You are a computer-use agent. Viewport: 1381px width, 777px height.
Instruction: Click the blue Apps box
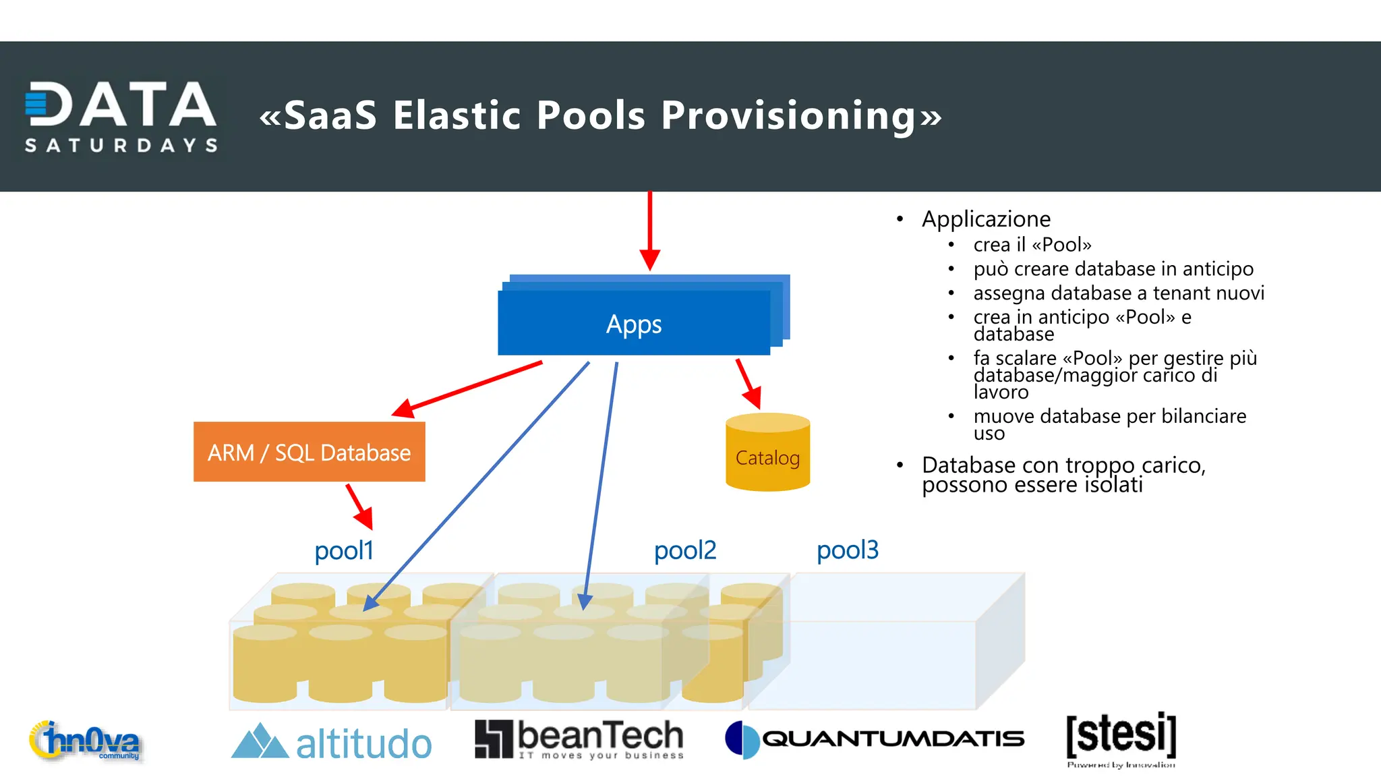(634, 323)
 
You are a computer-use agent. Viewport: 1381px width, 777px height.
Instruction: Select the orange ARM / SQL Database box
(309, 452)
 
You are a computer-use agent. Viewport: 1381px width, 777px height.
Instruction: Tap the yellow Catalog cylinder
(767, 453)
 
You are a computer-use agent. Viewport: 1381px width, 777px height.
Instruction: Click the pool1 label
(343, 551)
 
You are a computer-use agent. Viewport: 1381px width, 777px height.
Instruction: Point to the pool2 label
(684, 550)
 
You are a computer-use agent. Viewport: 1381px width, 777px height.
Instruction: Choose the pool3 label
(847, 550)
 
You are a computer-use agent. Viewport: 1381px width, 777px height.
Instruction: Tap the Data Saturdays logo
(121, 117)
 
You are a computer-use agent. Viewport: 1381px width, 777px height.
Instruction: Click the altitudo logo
(331, 743)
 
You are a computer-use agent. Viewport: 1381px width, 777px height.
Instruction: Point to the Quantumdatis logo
(875, 739)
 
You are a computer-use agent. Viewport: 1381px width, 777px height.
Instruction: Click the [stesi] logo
(1121, 738)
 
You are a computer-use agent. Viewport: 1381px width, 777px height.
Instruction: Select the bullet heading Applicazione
(986, 219)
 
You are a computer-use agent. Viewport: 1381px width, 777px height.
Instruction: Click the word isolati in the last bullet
(1113, 485)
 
